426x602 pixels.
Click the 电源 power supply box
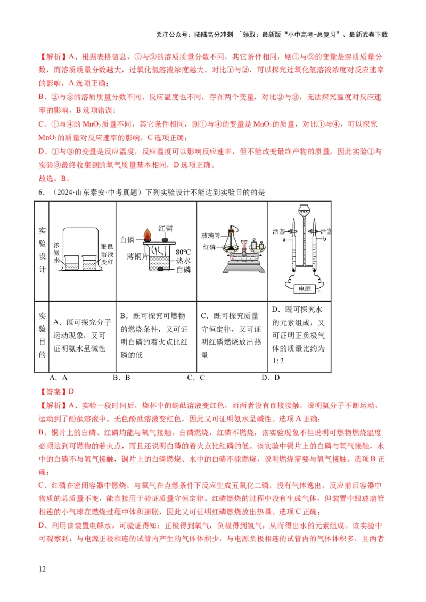pos(303,289)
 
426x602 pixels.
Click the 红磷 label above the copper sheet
pos(166,228)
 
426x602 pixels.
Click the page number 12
pos(43,569)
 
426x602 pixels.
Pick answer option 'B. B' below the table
pos(121,378)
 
